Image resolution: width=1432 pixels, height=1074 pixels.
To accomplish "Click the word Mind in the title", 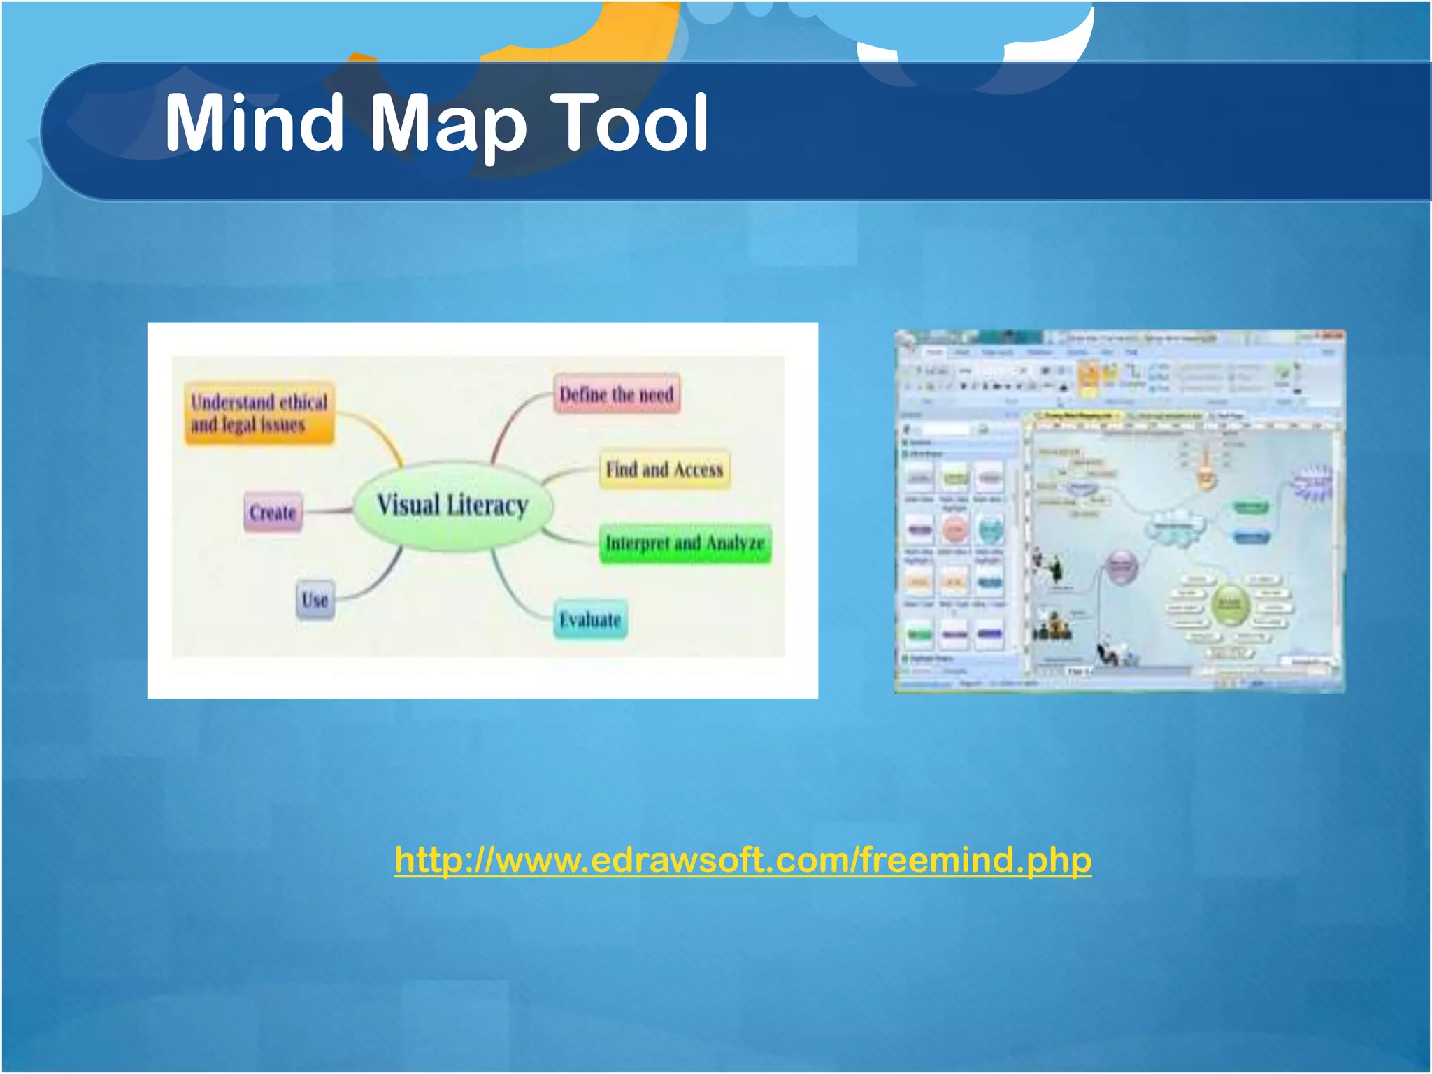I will pos(254,124).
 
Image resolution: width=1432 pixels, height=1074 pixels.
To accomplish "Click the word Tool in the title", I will pos(629,124).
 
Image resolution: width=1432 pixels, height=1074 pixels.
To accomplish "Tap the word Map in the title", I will pos(447,126).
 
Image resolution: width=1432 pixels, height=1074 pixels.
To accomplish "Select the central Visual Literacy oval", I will pos(452,506).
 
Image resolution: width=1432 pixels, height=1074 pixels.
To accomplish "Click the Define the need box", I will pos(616,394).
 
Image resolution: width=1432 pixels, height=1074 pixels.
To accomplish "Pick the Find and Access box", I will pos(664,469).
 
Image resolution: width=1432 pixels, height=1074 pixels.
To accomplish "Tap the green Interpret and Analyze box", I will pos(685,543).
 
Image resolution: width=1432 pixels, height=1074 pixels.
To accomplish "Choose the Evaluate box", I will pos(590,620).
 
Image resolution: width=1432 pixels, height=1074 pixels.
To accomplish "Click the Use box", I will pos(315,600).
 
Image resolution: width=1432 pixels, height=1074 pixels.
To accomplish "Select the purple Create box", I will pos(273,513).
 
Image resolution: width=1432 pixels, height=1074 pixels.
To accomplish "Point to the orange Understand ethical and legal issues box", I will pos(259,413).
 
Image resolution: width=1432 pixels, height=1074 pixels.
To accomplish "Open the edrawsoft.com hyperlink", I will pos(743,859).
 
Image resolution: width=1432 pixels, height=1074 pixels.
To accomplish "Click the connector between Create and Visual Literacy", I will pos(329,511).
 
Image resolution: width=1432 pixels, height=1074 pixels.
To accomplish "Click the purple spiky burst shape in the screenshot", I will pos(1312,483).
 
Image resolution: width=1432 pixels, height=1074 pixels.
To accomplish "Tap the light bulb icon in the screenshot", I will pos(1205,468).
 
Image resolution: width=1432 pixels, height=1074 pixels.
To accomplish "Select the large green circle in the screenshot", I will pos(1230,604).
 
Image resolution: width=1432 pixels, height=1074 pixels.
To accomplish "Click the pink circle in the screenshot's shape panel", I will pos(954,530).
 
